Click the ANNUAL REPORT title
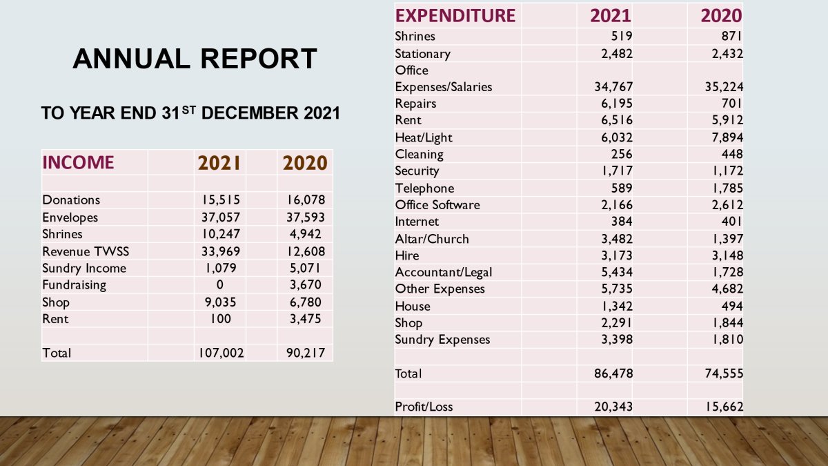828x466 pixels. (195, 59)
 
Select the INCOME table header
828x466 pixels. (78, 163)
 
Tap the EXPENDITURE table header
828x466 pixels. (455, 15)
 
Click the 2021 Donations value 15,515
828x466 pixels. (219, 200)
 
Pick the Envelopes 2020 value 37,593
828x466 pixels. (306, 217)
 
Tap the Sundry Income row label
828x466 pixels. (84, 268)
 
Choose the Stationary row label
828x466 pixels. (422, 54)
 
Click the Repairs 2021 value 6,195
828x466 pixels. (613, 104)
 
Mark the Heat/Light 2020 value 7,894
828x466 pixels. (723, 137)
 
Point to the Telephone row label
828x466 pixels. (424, 188)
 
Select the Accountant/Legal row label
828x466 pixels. (444, 273)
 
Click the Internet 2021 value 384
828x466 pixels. (622, 222)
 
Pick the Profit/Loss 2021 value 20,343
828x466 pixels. (613, 407)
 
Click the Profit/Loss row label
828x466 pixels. (424, 407)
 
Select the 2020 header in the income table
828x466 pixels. (304, 163)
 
